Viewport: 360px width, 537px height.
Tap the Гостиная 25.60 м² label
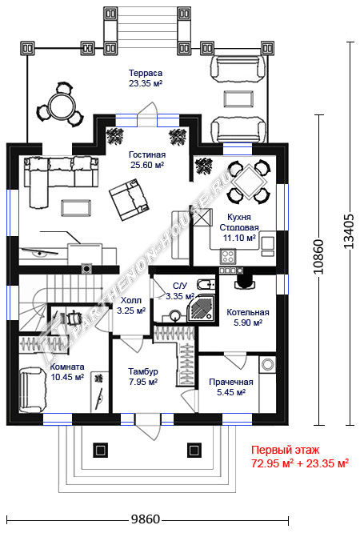147,159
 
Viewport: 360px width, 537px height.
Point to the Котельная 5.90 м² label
248,317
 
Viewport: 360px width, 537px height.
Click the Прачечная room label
231,387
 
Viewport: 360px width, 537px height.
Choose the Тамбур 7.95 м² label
143,376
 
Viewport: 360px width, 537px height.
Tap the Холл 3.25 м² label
131,306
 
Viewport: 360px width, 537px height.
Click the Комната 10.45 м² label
67,371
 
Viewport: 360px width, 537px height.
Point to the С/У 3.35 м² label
180,291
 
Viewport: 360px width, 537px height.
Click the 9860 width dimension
146,519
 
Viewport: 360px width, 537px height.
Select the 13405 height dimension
348,230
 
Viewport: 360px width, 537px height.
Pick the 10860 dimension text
318,257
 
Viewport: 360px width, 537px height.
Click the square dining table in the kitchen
250,181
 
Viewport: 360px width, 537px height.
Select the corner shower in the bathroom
202,308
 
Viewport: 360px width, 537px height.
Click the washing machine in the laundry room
268,364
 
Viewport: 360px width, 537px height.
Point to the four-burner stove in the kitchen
228,256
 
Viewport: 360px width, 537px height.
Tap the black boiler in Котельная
245,281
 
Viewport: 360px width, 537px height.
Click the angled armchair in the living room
129,199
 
